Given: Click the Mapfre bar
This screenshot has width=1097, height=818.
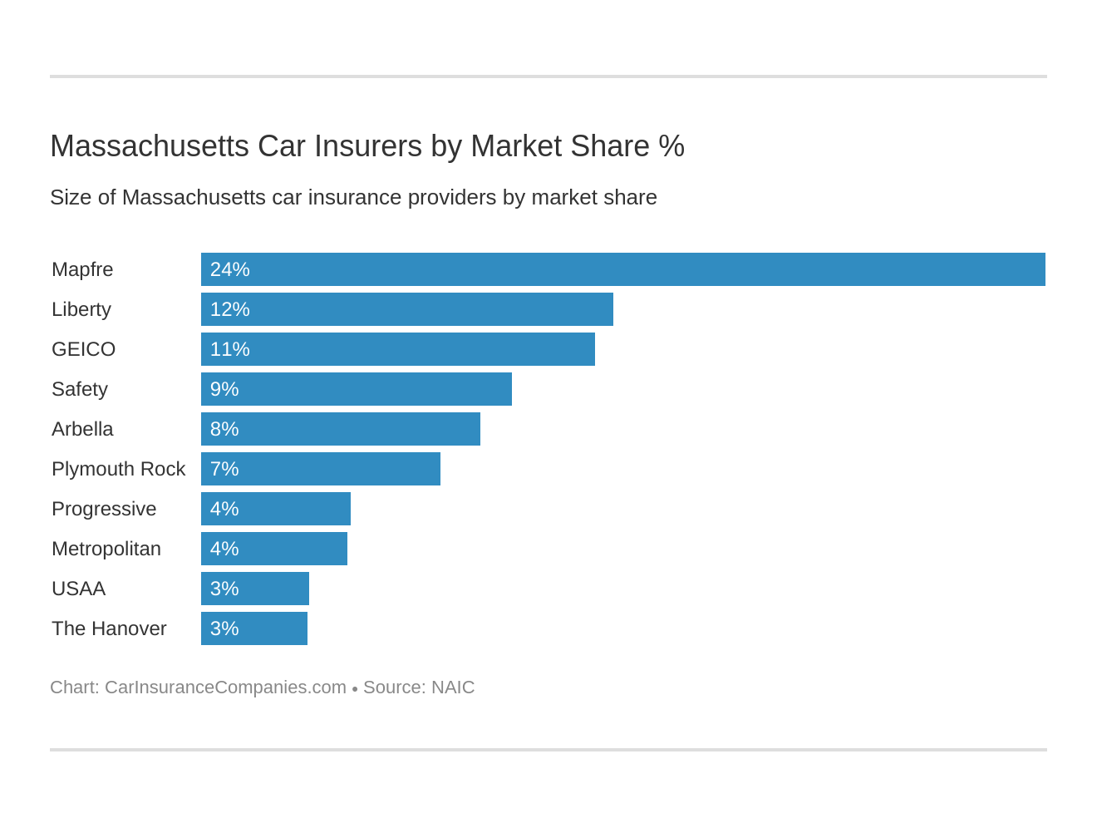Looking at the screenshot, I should [x=623, y=269].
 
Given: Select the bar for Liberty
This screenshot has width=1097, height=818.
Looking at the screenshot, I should [x=407, y=309].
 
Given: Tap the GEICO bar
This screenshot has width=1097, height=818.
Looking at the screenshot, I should [x=398, y=349].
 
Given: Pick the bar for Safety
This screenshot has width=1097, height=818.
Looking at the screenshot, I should [x=357, y=389].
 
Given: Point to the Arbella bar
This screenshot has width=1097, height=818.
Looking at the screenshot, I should [x=341, y=429].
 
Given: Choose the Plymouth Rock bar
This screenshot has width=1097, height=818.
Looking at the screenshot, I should [x=321, y=469].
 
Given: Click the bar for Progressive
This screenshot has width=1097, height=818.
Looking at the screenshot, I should [x=276, y=509].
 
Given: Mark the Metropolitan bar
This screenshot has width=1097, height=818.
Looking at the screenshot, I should [x=274, y=549].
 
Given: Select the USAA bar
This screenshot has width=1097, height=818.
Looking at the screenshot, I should [x=255, y=589].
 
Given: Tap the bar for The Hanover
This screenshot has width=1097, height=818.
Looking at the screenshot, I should [x=254, y=628].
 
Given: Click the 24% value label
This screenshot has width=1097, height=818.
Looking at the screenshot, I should [x=229, y=269].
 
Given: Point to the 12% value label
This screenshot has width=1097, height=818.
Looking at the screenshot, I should [x=229, y=309].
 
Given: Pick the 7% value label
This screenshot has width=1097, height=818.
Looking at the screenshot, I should [x=224, y=469].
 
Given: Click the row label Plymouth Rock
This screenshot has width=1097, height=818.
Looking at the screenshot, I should [x=118, y=469].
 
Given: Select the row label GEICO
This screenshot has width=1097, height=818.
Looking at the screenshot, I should [x=83, y=349].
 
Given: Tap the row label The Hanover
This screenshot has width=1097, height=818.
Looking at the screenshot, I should [x=109, y=628].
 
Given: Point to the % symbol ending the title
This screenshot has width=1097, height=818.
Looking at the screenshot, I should [x=671, y=146].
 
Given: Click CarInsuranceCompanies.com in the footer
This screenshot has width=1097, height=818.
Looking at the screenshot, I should [x=225, y=687].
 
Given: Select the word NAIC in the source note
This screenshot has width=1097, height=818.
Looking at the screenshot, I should [x=453, y=687].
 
